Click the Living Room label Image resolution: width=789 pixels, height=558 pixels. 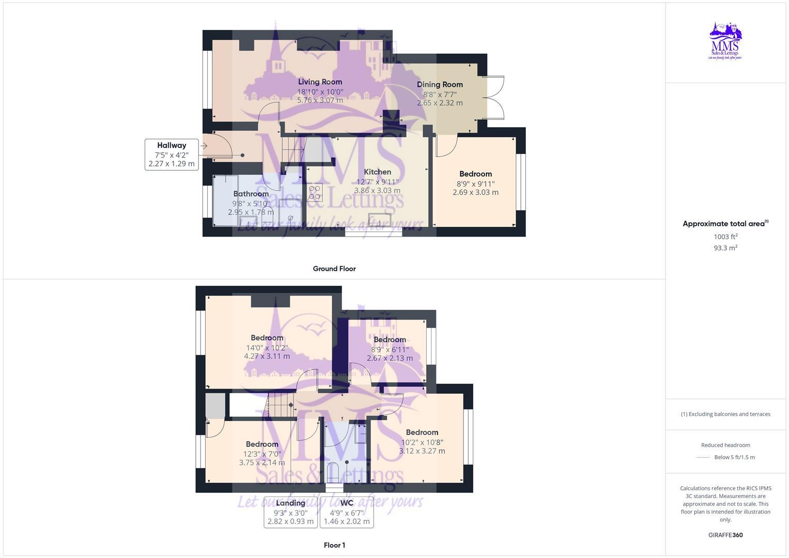pyautogui.click(x=320, y=82)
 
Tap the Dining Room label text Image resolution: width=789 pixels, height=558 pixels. pyautogui.click(x=440, y=84)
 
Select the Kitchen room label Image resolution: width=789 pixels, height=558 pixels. pyautogui.click(x=377, y=172)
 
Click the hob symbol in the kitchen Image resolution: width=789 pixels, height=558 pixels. pyautogui.click(x=315, y=192)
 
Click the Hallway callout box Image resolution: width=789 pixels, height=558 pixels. pyautogui.click(x=172, y=154)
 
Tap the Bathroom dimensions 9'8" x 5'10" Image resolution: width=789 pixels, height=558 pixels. pyautogui.click(x=251, y=204)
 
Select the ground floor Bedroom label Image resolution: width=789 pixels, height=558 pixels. pyautogui.click(x=475, y=174)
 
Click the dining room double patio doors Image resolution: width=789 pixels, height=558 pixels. pyautogui.click(x=496, y=98)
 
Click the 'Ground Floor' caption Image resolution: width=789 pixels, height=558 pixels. pyautogui.click(x=334, y=269)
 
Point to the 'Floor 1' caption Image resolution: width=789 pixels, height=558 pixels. pyautogui.click(x=334, y=545)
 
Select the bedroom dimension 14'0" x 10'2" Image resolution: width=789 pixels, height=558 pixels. pyautogui.click(x=267, y=348)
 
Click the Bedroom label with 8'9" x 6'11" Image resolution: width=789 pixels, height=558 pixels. pyautogui.click(x=390, y=339)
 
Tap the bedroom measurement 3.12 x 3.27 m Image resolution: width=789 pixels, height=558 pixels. pyautogui.click(x=422, y=451)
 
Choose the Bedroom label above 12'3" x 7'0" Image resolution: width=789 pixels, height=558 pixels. pyautogui.click(x=262, y=444)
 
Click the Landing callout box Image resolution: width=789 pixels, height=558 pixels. pyautogui.click(x=290, y=512)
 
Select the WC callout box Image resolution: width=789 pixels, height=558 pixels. pyautogui.click(x=347, y=512)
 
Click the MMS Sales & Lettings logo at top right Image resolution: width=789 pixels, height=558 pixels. pyautogui.click(x=725, y=41)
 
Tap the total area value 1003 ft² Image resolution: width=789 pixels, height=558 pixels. pyautogui.click(x=725, y=237)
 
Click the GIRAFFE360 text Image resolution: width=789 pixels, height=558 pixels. pyautogui.click(x=725, y=535)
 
